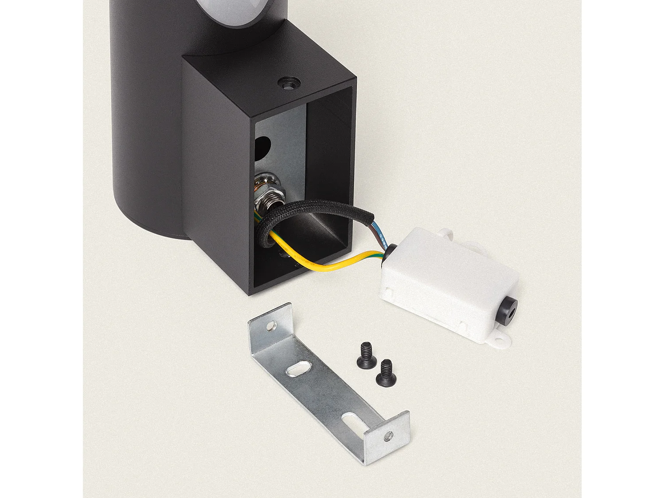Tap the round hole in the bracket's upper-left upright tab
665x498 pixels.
click(270, 327)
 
